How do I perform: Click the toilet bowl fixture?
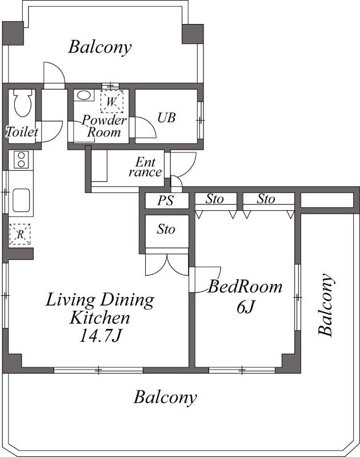22,103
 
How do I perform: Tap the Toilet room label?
22,132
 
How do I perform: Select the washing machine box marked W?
112,102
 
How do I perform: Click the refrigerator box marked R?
20,234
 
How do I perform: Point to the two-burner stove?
21,160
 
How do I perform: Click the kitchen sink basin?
21,201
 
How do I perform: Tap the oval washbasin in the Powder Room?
83,95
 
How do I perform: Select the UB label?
166,118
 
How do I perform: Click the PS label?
166,201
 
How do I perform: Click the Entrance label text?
145,167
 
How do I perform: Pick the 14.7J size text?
100,336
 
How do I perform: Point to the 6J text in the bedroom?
246,307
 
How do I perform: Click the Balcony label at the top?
100,47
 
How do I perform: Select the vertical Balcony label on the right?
326,305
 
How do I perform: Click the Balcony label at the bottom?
165,397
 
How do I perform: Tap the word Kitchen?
99,318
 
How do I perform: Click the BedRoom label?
245,287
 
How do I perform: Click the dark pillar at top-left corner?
13,33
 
